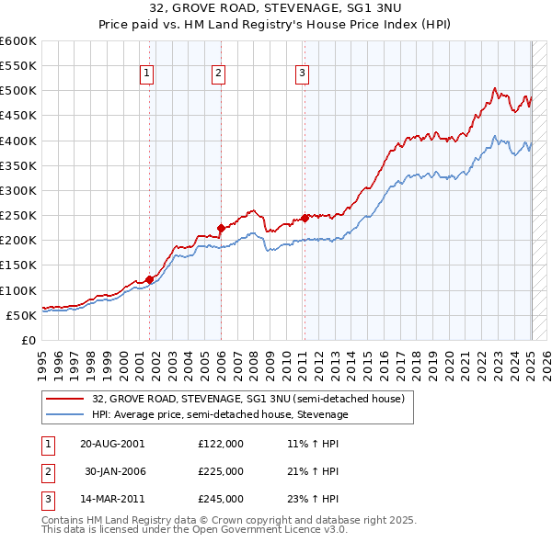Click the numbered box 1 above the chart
(147, 75)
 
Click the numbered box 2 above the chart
(218, 75)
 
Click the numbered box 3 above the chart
(302, 75)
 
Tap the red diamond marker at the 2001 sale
(149, 279)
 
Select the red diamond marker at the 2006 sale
(221, 228)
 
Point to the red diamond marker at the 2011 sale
(305, 218)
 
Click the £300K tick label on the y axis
(18, 190)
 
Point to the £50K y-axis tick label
(21, 315)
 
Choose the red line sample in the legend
(67, 399)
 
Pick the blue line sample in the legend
(67, 414)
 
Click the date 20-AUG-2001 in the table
(112, 444)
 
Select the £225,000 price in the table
(221, 471)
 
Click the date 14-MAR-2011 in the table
(112, 499)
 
